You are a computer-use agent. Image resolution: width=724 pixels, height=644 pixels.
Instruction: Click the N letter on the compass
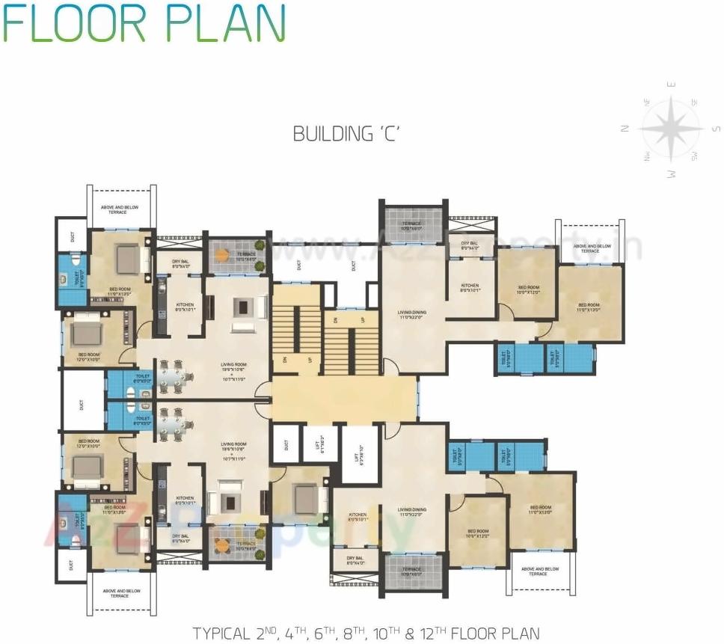[x=624, y=129]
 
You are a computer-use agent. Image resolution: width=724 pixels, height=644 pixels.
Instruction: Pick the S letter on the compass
[x=716, y=129]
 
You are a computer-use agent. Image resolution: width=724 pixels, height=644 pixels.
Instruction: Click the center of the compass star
[x=671, y=129]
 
